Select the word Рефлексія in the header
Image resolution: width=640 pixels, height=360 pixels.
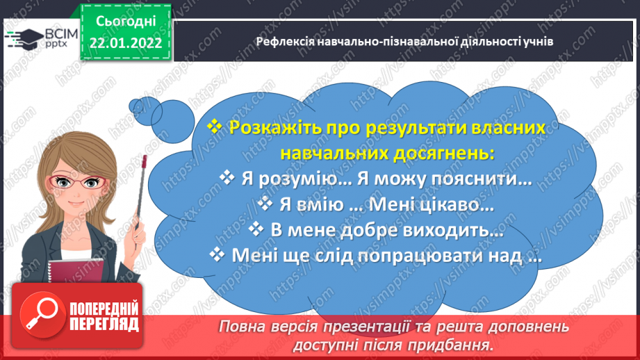coord(281,41)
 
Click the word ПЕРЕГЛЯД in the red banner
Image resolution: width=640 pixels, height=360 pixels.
coord(104,324)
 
